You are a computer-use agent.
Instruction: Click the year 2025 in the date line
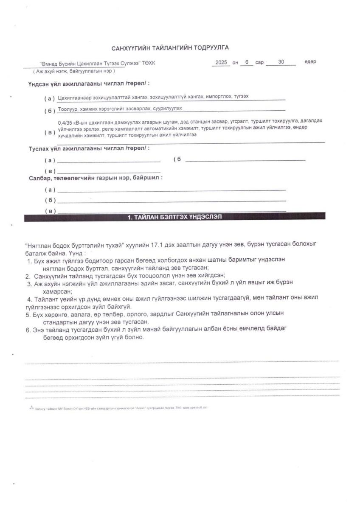222,62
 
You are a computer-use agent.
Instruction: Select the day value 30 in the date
281,62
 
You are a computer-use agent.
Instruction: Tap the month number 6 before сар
246,62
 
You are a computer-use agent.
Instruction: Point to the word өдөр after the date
310,62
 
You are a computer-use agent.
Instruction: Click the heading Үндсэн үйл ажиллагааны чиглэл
89,84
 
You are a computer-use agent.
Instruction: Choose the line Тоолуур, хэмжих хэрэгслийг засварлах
122,109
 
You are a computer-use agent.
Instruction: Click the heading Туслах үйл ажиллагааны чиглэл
89,148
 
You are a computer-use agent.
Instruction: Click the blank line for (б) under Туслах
245,160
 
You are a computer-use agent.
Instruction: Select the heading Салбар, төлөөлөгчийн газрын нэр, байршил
96,178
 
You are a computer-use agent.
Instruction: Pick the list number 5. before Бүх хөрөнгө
28,315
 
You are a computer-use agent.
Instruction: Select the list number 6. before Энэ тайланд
28,330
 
